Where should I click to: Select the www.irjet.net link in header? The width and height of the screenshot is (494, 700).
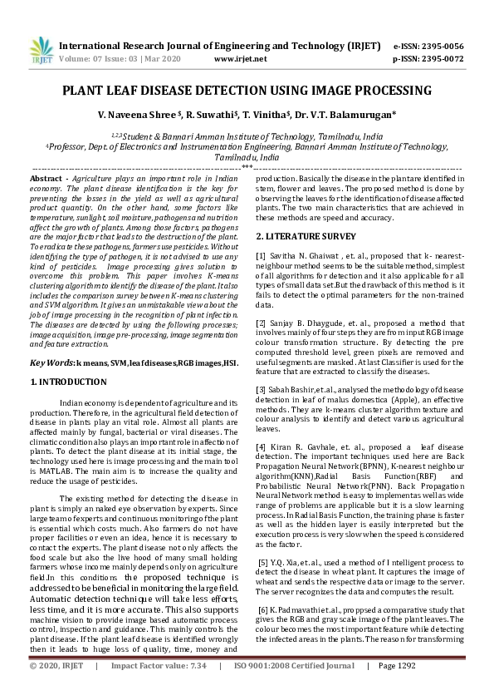240,59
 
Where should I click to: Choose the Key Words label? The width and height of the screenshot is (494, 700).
51,363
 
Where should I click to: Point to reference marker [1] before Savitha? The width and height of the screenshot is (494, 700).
261,254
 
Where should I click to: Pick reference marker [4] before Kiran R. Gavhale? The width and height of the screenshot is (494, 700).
261,446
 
